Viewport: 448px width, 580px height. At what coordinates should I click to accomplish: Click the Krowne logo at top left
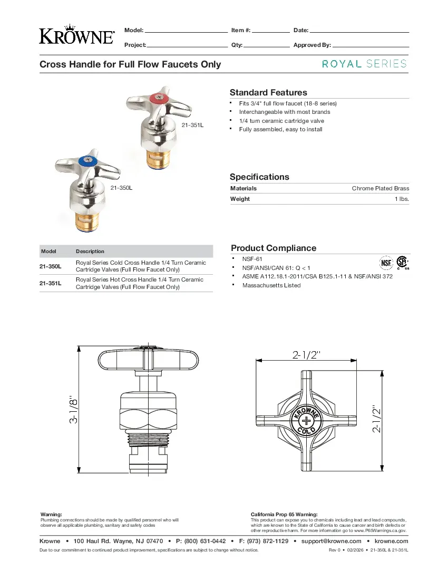click(x=76, y=35)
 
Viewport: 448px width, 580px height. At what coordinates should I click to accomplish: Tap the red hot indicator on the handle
click(x=158, y=99)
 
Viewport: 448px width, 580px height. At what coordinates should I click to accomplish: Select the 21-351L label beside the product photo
click(x=192, y=125)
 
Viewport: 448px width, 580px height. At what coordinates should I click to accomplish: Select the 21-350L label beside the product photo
click(x=121, y=187)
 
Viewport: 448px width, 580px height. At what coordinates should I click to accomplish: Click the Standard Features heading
click(x=268, y=92)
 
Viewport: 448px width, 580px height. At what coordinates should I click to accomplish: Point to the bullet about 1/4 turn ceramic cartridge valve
click(x=281, y=121)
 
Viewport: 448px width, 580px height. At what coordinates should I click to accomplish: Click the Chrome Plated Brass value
click(x=380, y=188)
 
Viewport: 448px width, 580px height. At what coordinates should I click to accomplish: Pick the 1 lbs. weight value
click(x=402, y=199)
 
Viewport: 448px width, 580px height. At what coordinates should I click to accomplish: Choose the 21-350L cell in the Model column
click(x=50, y=266)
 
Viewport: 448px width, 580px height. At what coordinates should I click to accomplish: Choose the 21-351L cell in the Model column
click(x=50, y=283)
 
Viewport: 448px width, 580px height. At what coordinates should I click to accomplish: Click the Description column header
click(x=90, y=252)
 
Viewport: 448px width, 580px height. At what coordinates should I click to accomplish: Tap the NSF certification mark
click(x=387, y=262)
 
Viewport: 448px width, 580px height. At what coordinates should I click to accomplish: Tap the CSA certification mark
click(x=403, y=262)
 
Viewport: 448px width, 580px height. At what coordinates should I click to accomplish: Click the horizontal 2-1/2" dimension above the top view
click(x=306, y=354)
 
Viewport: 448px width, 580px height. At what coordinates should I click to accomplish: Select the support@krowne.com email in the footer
click(x=331, y=541)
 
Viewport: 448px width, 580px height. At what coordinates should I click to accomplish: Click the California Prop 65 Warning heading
click(x=284, y=514)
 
